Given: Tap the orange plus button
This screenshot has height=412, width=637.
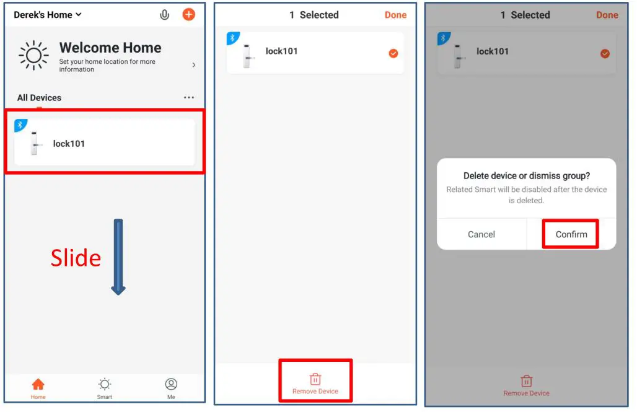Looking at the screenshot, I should click(x=188, y=14).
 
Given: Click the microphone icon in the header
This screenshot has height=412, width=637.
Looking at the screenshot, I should click(x=164, y=14).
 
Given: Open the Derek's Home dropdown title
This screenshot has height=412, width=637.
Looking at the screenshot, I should click(x=48, y=14).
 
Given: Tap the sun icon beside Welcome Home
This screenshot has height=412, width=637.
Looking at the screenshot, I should click(x=33, y=56).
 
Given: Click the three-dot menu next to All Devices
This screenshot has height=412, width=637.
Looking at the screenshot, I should click(x=189, y=98).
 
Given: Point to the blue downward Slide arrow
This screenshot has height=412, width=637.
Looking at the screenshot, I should click(x=118, y=256).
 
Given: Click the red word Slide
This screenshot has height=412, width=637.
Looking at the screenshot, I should click(x=76, y=258).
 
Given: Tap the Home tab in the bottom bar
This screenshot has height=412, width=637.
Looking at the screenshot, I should click(x=38, y=387).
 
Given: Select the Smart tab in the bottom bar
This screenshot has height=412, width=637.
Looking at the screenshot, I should click(x=105, y=387).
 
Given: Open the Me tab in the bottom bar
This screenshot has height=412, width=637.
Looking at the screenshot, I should click(x=171, y=387).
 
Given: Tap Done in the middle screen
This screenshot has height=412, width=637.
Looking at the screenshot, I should click(x=395, y=15).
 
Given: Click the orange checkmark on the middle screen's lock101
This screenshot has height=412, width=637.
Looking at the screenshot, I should click(x=393, y=53).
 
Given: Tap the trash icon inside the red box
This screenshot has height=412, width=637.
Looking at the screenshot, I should click(x=315, y=379).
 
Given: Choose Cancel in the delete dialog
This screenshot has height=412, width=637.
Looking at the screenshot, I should click(x=481, y=234).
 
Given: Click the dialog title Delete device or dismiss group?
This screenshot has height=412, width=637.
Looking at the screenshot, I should click(x=527, y=176).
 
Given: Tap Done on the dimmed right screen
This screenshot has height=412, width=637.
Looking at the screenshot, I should click(x=607, y=15).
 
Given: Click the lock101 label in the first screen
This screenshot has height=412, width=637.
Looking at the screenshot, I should click(x=69, y=144).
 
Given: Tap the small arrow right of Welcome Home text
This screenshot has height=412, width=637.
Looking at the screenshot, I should click(x=194, y=65).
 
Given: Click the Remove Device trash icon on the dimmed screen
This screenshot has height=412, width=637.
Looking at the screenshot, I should click(x=526, y=381).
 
